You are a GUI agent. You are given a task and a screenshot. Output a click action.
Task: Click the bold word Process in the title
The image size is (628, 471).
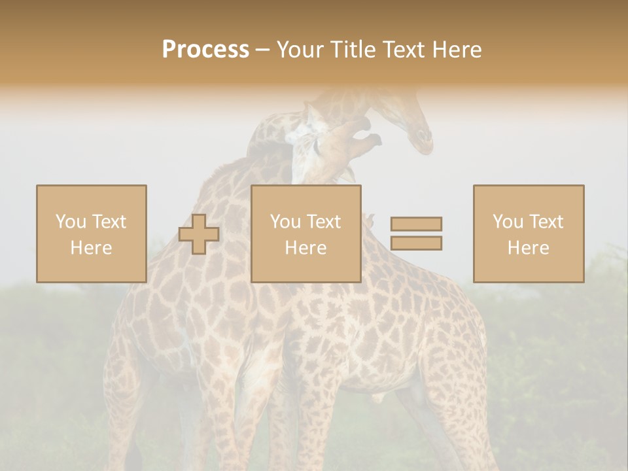(205, 50)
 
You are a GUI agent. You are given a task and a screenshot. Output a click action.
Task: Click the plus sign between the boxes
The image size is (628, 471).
(199, 234)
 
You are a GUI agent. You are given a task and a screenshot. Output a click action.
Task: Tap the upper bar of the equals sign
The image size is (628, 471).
(416, 224)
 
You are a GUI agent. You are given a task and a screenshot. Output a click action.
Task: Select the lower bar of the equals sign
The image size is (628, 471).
(416, 243)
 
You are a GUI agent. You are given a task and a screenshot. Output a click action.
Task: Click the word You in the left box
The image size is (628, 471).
(71, 222)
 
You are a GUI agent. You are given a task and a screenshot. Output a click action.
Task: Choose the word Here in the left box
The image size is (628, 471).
(91, 248)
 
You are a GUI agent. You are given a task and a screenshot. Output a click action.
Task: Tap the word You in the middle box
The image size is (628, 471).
(285, 222)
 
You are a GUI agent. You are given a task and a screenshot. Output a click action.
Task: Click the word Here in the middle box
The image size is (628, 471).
(305, 248)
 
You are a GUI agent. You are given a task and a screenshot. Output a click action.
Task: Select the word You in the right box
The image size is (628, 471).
(508, 222)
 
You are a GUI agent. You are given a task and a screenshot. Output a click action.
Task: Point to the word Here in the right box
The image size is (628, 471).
(528, 248)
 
